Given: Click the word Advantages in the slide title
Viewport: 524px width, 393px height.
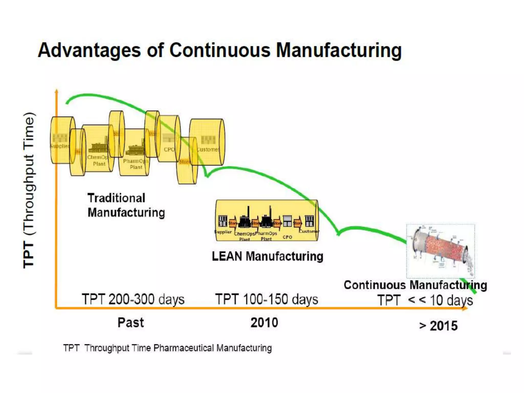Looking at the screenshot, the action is pos(89,50).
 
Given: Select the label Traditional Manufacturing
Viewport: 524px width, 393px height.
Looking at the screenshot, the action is pos(126,205).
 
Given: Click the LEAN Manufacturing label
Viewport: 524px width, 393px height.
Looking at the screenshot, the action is pos(267,256).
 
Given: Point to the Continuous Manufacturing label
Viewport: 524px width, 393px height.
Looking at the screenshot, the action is pos(415,285).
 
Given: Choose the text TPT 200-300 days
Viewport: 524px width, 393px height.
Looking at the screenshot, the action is pos(133,299).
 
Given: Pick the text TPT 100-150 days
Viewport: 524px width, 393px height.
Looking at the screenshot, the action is pos(267,299).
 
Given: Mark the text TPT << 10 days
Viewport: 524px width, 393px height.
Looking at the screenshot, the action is pos(425,300).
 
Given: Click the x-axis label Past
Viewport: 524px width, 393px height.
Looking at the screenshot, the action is pos(130,323).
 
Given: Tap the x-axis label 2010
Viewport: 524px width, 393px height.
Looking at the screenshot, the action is pos(264,323).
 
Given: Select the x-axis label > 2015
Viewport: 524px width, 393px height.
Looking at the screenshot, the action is pos(438,326).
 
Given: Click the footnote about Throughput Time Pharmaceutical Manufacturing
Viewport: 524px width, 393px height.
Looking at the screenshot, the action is pos(168,348).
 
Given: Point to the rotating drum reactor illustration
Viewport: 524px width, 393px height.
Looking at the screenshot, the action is pos(441,251).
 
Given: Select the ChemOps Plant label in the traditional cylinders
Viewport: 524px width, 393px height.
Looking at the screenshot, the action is pos(99,160).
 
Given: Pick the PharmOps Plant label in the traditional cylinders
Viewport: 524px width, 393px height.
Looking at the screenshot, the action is pos(136,164).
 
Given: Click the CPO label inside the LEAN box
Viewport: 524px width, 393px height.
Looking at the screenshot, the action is pos(287,237).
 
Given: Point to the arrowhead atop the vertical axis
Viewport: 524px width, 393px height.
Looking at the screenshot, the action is pos(57,91).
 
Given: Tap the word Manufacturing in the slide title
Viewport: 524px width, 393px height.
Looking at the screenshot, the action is pos(339,50).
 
